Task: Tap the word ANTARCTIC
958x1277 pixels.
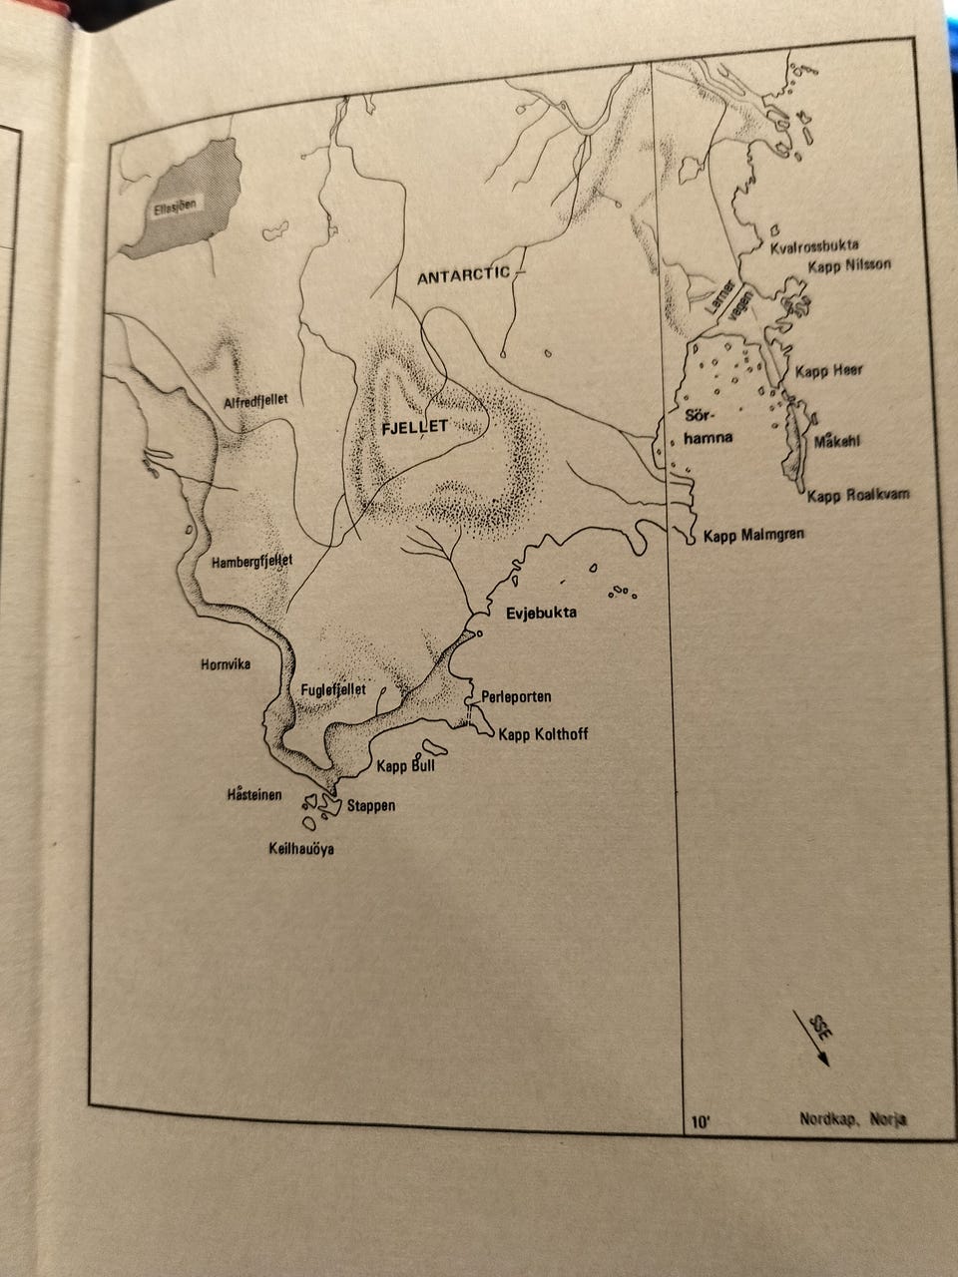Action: pos(463,275)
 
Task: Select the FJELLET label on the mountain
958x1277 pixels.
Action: pos(412,426)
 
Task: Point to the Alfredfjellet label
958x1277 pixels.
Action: pos(256,399)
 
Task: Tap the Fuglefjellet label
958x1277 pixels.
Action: pos(333,689)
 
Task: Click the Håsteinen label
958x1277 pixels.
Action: pos(254,795)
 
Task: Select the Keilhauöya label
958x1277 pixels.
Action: pos(300,850)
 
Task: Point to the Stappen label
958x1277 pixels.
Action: pos(371,805)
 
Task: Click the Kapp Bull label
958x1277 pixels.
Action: pos(405,767)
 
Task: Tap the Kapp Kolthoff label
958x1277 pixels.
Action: pos(543,735)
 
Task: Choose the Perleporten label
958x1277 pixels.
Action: pos(516,696)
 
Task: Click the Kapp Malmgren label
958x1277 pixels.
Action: pos(753,536)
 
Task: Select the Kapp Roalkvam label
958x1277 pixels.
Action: pos(858,495)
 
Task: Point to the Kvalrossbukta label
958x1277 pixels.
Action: pos(814,245)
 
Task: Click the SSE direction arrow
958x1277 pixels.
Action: pos(812,1038)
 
